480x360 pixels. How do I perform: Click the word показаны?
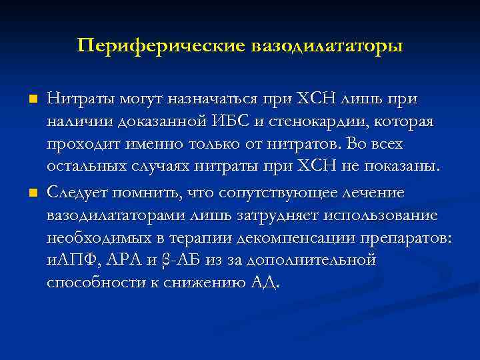click(406, 169)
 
